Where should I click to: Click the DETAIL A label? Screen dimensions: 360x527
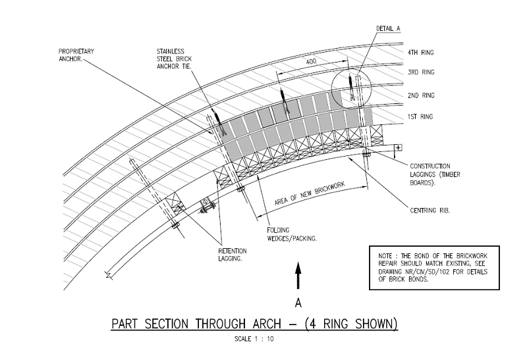[389, 29]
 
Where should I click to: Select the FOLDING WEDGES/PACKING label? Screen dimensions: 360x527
[291, 234]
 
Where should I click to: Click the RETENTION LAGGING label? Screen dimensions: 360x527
[233, 255]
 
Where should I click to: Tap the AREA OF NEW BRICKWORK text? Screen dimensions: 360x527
[310, 195]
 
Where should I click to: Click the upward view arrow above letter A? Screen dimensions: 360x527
[298, 276]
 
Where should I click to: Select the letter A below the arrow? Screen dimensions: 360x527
[298, 303]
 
